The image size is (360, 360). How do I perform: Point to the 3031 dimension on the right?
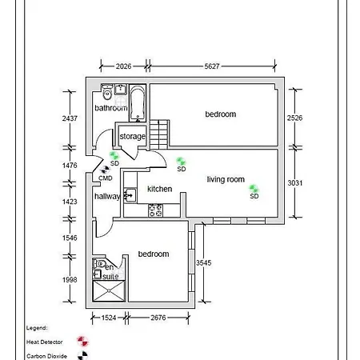[295, 183]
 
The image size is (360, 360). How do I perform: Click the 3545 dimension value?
[204, 262]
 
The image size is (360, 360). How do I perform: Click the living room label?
[226, 179]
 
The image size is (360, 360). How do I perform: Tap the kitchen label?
[159, 189]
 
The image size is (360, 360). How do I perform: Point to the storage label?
[132, 136]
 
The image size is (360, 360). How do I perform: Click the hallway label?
[107, 196]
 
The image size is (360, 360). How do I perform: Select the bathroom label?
[110, 108]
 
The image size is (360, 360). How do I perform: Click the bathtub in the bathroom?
[138, 102]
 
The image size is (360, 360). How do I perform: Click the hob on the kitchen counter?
[155, 210]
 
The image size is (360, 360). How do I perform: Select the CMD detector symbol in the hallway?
[106, 169]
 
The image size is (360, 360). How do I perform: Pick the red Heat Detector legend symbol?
[81, 342]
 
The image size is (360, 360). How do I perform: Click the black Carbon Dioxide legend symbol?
[81, 356]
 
